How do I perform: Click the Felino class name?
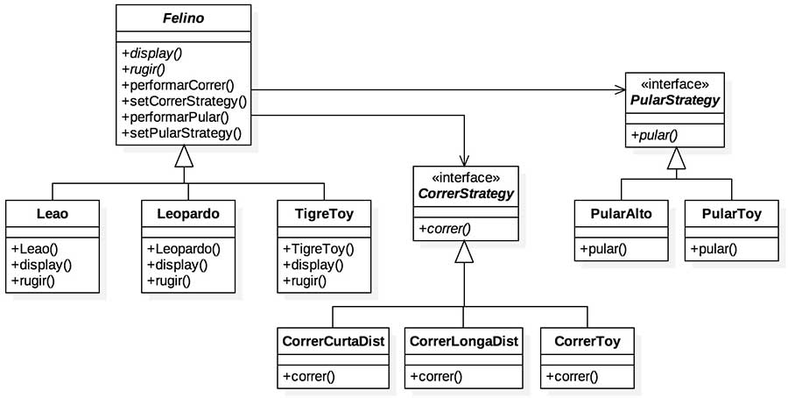pos(182,17)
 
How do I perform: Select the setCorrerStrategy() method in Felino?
pos(184,101)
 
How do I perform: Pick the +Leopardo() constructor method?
pos(183,248)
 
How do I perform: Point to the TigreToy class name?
pos(324,212)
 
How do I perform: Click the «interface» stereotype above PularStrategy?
pos(674,84)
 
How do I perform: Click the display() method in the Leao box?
pos(41,265)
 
